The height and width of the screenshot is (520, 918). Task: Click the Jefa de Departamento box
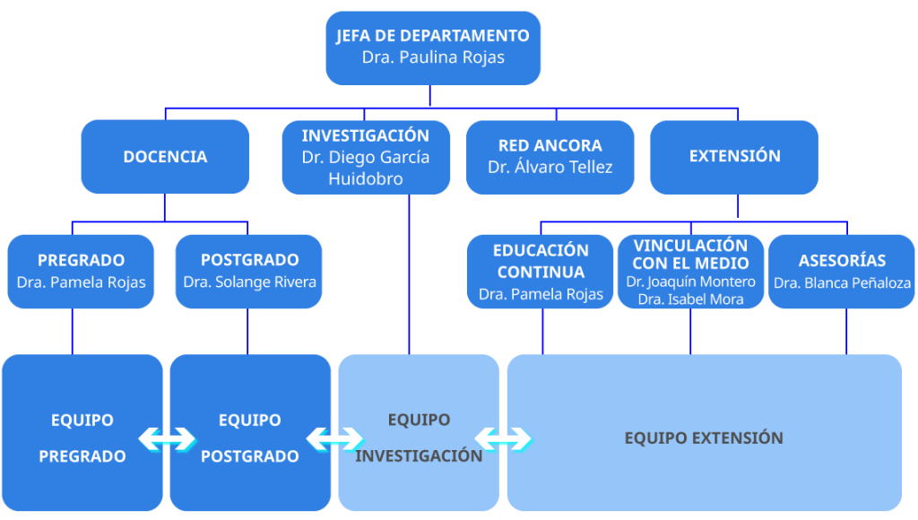tap(432, 48)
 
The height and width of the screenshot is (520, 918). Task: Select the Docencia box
tap(165, 157)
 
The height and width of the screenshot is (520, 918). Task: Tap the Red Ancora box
tap(550, 157)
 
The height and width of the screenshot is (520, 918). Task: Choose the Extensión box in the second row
tap(734, 157)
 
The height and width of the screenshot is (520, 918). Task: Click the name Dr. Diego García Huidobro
tap(365, 168)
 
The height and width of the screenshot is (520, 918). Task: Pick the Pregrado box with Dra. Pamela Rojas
tap(81, 271)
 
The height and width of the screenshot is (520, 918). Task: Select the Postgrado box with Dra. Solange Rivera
tap(248, 271)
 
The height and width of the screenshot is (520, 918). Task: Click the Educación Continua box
tap(541, 271)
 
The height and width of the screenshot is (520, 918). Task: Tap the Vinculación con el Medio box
tap(690, 271)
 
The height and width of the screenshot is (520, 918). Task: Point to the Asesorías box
tap(842, 271)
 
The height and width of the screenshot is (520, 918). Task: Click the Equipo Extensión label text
tap(704, 438)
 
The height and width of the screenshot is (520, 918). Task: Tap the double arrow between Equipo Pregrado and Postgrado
tap(167, 438)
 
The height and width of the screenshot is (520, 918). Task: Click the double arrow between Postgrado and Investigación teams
tap(334, 438)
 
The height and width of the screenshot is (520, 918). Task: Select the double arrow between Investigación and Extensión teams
tap(503, 438)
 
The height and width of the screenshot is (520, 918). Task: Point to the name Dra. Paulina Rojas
tap(433, 57)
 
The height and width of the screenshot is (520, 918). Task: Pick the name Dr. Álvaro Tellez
tap(550, 167)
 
